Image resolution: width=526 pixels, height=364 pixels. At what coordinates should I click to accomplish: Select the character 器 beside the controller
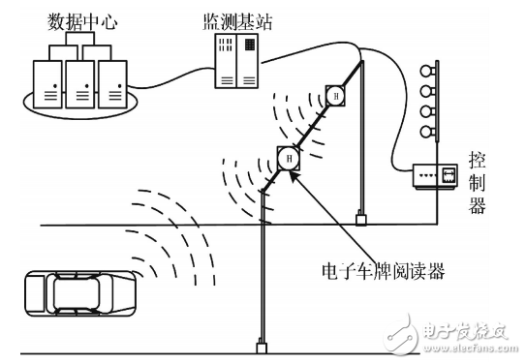479,204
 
